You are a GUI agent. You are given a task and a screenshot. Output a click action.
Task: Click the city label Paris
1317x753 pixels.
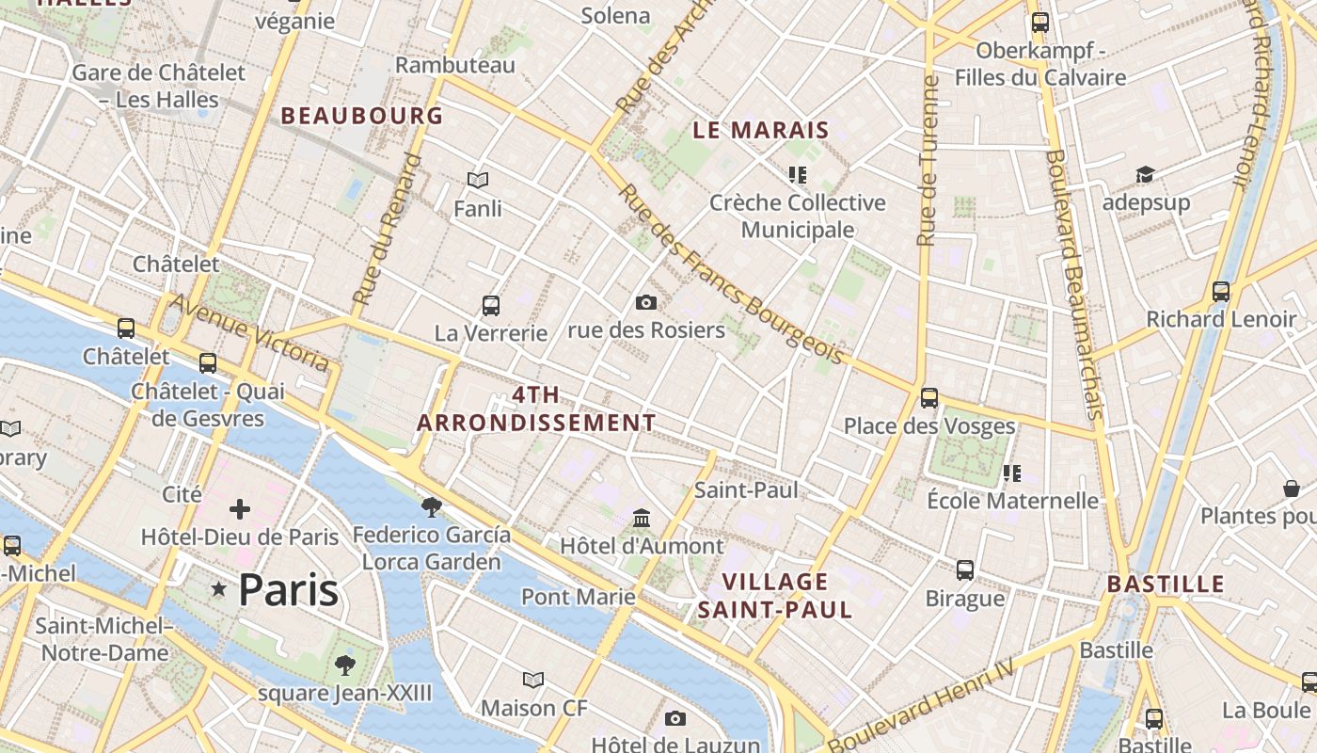(x=288, y=590)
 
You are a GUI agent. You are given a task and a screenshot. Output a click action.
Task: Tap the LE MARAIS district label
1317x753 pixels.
(x=761, y=131)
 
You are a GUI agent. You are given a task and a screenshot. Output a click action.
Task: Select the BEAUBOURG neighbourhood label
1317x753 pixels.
(x=362, y=116)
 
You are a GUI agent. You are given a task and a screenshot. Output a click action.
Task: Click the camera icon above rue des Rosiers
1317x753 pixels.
(x=646, y=302)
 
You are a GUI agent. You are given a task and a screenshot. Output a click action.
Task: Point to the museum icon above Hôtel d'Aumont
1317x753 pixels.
(x=643, y=518)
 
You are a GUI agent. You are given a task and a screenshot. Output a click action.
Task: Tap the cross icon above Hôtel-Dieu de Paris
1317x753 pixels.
(x=240, y=509)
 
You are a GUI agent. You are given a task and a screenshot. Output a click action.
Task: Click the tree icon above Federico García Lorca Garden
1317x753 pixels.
(x=432, y=507)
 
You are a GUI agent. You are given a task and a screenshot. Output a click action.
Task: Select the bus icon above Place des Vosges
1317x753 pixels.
(x=929, y=398)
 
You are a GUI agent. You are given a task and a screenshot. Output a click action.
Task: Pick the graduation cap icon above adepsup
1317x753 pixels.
(x=1145, y=175)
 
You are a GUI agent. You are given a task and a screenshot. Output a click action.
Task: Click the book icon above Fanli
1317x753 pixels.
(x=478, y=180)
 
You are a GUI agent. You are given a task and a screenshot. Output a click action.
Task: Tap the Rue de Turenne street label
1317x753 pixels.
(x=928, y=160)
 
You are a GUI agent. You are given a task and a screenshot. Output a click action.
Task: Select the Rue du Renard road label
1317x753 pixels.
(x=386, y=229)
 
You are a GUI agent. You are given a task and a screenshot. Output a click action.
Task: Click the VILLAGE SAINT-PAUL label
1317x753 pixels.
(x=775, y=595)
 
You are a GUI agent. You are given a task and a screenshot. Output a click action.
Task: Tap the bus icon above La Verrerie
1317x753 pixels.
(x=491, y=305)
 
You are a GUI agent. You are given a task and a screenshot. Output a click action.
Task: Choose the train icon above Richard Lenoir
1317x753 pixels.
(x=1221, y=292)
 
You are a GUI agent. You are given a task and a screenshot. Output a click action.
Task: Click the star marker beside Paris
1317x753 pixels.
(x=219, y=589)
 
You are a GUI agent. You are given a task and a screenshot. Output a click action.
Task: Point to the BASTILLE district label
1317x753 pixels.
(x=1166, y=584)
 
